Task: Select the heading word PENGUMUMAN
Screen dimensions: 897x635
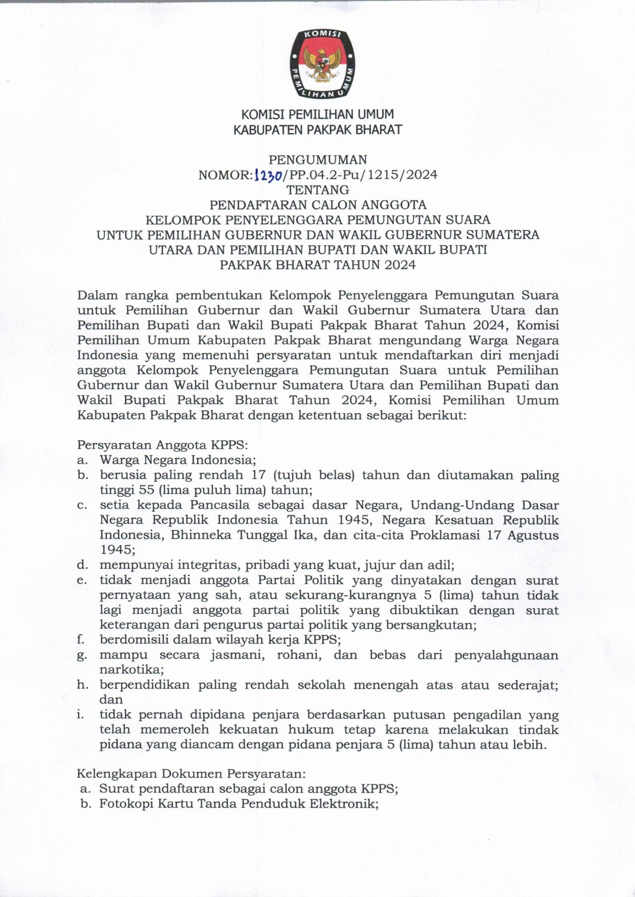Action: coord(318,160)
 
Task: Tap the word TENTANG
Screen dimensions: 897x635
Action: coord(318,190)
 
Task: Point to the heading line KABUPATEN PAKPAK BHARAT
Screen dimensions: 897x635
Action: coord(318,130)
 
